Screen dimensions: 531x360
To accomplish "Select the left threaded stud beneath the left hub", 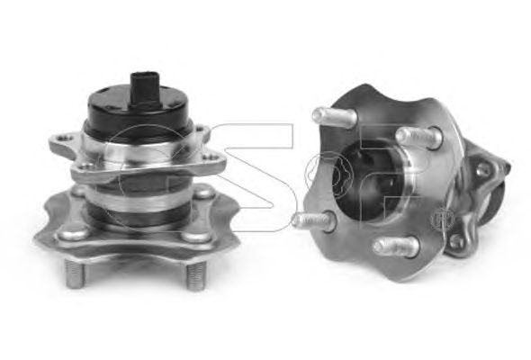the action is (x=75, y=274).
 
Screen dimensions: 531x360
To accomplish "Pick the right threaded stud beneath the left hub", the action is (x=195, y=275).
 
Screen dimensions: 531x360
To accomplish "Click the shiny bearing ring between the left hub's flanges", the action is (x=136, y=199).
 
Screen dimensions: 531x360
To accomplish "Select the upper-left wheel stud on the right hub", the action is (x=334, y=116).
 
